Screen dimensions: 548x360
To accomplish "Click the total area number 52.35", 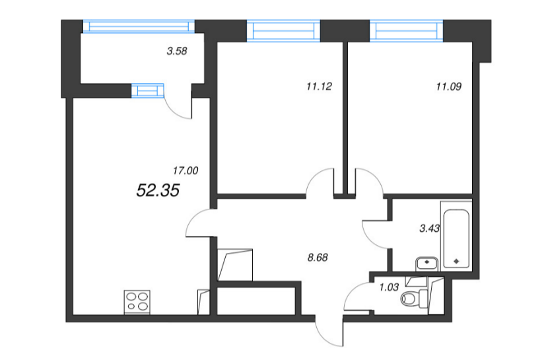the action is pos(158,190).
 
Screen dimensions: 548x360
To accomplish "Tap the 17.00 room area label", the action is pos(186,170).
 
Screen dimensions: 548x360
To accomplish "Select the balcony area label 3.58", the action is pos(177,51).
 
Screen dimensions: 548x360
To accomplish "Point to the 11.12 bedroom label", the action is pos(319,87).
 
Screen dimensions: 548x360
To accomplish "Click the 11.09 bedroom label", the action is pos(449,87).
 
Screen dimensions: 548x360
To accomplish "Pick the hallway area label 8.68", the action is pos(318,258).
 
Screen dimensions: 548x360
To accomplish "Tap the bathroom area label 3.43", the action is pos(430,229).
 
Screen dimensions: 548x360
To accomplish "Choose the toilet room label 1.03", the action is pos(389,287).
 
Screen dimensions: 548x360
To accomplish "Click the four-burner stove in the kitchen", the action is pos(137,302).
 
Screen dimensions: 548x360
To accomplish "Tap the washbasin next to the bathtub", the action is pos(427,264).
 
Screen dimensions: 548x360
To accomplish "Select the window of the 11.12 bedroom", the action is pos(283,31).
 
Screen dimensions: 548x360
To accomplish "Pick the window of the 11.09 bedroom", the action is pos(406,31).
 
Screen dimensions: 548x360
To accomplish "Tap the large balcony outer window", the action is pos(139,26).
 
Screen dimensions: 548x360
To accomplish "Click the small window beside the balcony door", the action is pos(147,90).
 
